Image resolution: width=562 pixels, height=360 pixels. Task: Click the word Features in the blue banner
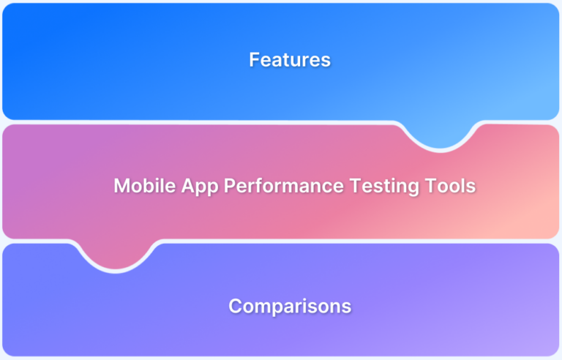[290, 60]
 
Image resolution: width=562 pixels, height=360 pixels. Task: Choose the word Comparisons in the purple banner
[290, 306]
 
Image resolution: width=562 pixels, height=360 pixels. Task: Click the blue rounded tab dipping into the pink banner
[440, 135]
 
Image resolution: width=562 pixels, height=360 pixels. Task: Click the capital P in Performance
[228, 186]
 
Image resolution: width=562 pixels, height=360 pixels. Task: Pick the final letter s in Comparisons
[346, 307]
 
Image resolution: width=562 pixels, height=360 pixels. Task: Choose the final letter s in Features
[326, 61]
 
